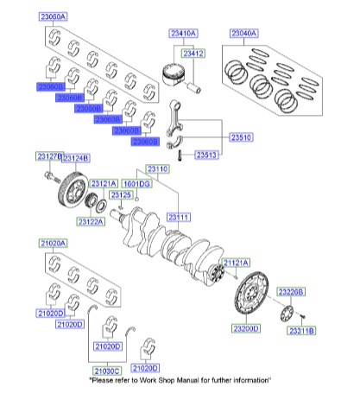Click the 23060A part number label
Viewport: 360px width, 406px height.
point(54,16)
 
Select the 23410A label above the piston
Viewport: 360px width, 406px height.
point(182,33)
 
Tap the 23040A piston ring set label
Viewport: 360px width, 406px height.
point(244,33)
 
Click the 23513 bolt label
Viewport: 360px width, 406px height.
point(205,155)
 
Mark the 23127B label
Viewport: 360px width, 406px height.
point(49,155)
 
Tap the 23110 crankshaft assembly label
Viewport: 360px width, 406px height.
point(158,170)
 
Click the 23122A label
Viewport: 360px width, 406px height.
point(91,221)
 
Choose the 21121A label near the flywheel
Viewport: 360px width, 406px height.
point(236,261)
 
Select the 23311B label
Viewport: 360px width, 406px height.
point(302,330)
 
